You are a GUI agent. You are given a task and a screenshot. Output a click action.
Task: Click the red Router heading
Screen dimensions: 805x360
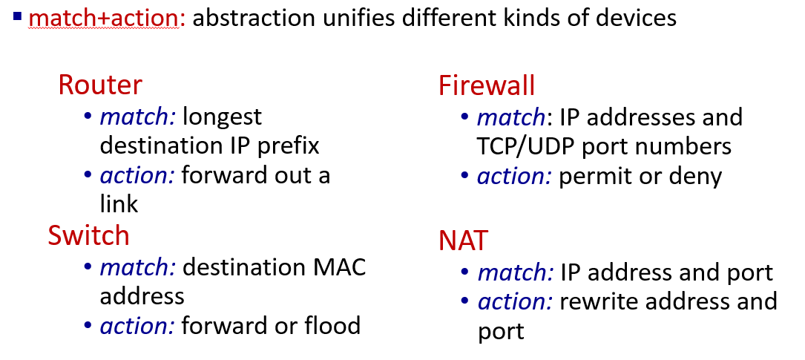100,85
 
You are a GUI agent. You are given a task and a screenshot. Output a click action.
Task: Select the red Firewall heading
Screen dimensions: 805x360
487,85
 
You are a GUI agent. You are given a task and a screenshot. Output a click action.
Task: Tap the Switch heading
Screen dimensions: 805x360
88,235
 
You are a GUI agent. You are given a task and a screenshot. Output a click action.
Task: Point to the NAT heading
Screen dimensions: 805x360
463,240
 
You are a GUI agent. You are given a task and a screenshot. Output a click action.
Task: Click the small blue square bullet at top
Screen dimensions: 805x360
18,16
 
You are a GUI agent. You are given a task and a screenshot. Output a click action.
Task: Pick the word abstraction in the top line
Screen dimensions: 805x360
254,18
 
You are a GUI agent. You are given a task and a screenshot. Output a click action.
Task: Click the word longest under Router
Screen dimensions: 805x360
222,117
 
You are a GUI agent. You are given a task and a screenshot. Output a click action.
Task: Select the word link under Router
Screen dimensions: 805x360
119,203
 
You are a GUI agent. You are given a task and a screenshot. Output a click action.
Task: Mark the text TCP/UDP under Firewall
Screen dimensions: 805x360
526,147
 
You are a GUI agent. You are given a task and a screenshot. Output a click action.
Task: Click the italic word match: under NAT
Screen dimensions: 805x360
516,272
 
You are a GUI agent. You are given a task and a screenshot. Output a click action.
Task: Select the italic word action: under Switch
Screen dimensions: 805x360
137,326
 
